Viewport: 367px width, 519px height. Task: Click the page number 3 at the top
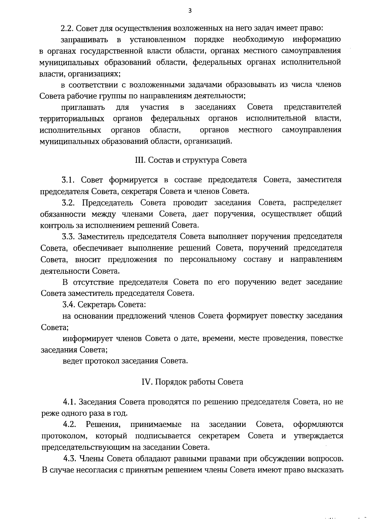(190, 11)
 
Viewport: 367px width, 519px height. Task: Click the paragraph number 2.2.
(67, 28)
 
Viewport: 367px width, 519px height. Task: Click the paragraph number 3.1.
(69, 180)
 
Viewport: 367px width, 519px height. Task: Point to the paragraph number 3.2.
(69, 203)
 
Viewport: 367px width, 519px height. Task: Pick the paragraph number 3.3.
(69, 236)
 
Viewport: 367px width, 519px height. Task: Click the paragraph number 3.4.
(69, 304)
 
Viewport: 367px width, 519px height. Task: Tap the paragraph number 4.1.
(70, 402)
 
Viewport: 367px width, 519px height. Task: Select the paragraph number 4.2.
(70, 424)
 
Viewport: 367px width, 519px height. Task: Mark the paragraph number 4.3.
(70, 458)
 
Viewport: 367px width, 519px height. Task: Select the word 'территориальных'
(72, 119)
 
